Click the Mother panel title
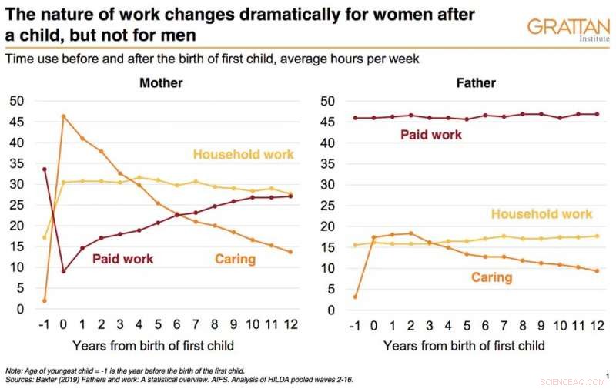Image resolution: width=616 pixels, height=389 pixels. (159, 83)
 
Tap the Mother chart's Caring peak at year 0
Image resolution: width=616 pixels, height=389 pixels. (63, 116)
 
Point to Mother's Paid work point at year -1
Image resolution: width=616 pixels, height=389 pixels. (44, 169)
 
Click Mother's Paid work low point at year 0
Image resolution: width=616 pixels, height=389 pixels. (63, 271)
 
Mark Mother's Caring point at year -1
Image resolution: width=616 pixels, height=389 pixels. (44, 300)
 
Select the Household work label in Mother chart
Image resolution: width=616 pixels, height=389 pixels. (243, 155)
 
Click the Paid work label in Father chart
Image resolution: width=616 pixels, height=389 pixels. (431, 135)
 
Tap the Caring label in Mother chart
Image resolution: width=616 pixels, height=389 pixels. (235, 259)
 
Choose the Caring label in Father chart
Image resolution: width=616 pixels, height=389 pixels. (491, 277)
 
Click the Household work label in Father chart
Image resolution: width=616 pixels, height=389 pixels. (542, 214)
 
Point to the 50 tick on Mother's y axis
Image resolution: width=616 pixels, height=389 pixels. (16, 101)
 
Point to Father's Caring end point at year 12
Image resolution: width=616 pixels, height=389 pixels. (597, 271)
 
